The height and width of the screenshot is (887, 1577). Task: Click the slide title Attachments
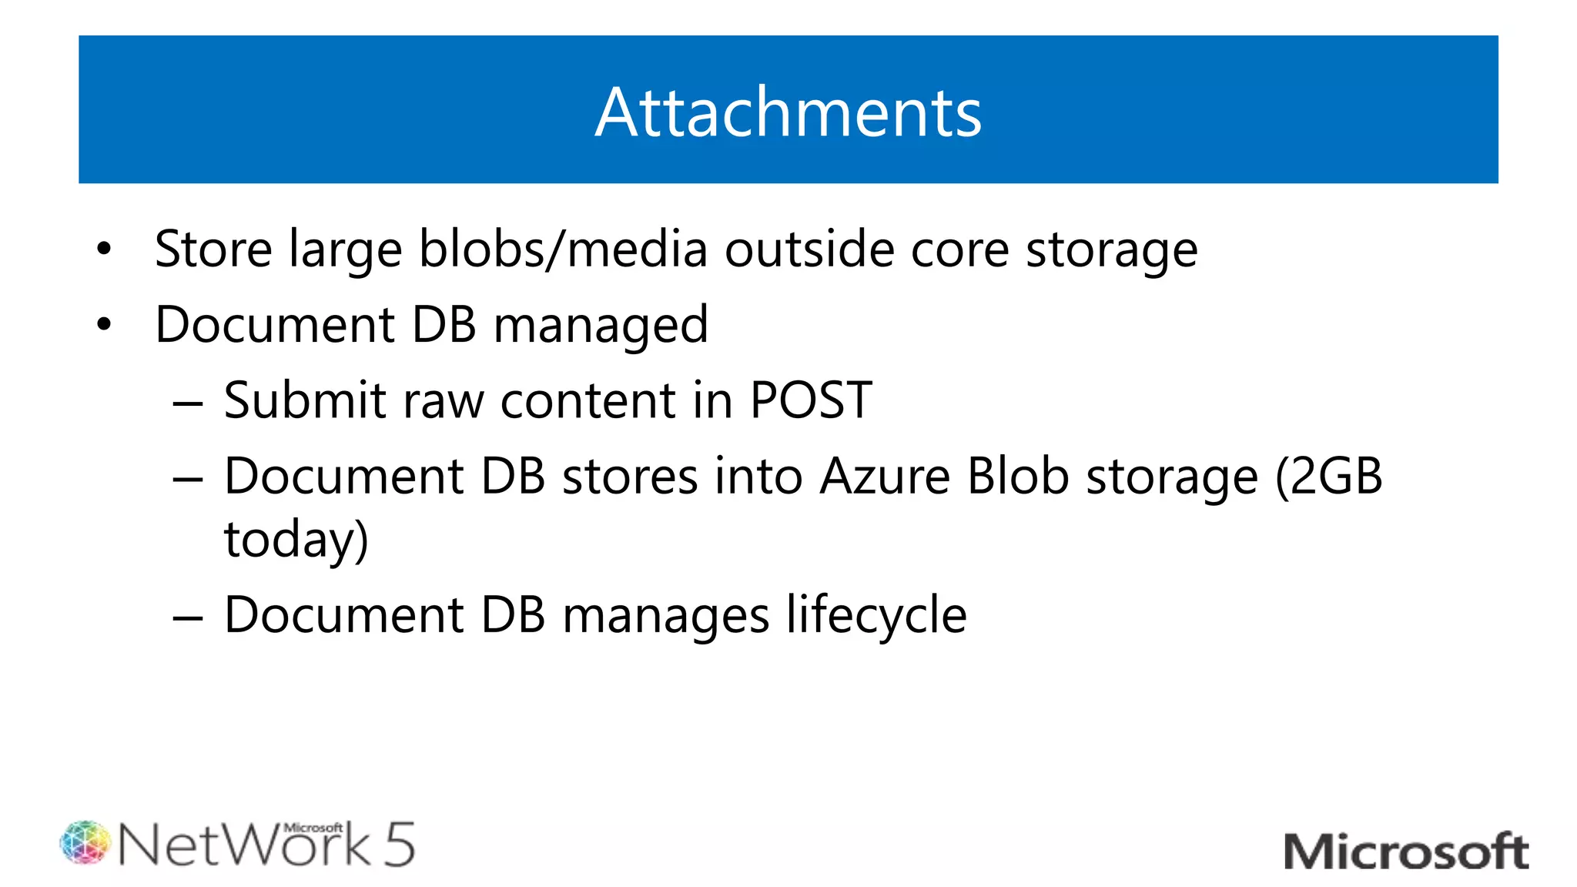point(788,112)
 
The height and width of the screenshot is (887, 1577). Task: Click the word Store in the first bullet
point(213,249)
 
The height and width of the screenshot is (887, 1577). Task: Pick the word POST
point(811,400)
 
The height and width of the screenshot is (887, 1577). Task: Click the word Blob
point(1018,476)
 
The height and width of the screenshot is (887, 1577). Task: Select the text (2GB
point(1329,476)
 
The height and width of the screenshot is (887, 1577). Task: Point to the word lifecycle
point(876,616)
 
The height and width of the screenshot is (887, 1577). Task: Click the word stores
point(630,476)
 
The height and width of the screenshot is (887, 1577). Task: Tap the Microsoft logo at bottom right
point(1406,852)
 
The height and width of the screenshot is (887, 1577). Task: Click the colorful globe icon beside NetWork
point(85,842)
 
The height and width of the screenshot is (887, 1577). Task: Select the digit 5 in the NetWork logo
point(399,845)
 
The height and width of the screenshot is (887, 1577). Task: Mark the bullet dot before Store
point(105,249)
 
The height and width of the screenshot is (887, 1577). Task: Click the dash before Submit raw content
point(188,402)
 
